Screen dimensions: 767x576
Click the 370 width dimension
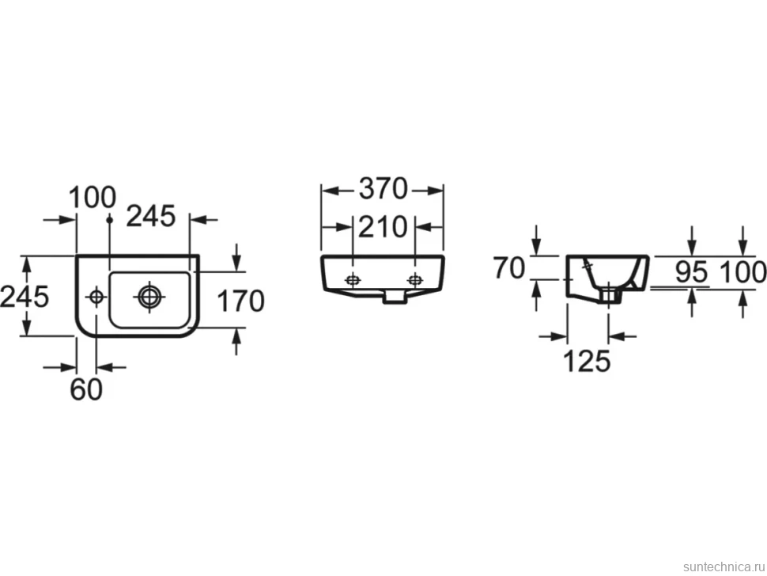(383, 189)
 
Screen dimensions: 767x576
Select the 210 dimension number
(383, 227)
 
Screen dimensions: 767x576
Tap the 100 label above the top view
(92, 198)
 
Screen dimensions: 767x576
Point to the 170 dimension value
(240, 301)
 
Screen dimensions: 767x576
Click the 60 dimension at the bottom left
(86, 389)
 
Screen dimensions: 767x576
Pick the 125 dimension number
(587, 361)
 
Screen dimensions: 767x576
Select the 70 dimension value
(508, 268)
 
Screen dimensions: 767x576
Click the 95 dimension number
(692, 271)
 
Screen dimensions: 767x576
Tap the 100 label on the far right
(742, 272)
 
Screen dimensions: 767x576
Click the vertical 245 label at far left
(25, 297)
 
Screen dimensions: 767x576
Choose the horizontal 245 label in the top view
(151, 216)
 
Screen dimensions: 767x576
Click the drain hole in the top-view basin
(149, 297)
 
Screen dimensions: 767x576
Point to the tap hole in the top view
(96, 297)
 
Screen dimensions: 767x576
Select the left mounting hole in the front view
(352, 280)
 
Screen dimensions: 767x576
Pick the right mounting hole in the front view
(415, 280)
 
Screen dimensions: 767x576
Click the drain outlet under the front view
(395, 296)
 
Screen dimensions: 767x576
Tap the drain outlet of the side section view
(609, 295)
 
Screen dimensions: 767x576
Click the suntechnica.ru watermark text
(724, 567)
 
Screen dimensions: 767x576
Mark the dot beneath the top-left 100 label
(110, 220)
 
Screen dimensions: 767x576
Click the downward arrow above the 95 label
(692, 241)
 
